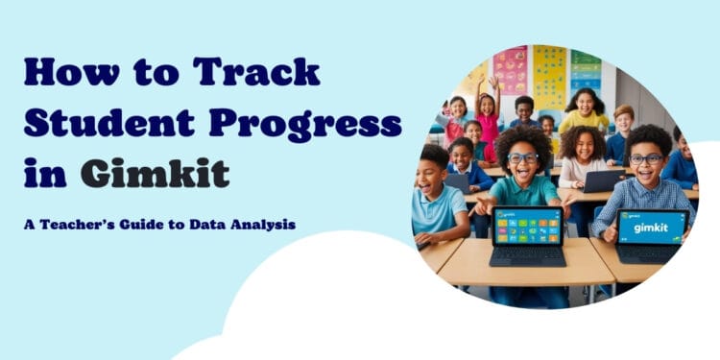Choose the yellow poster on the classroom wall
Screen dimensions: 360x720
tap(550, 77)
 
